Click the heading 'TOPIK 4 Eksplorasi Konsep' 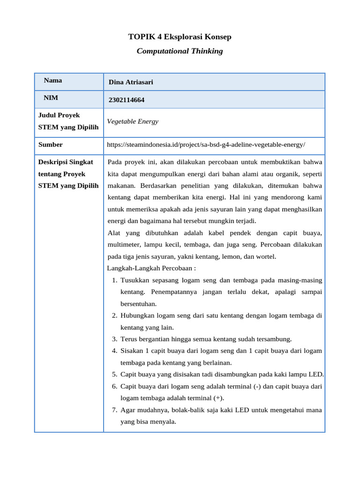pyautogui.click(x=180, y=37)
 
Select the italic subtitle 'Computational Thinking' pyautogui.click(x=180, y=51)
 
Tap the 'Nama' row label pyautogui.click(x=53, y=80)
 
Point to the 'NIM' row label pyautogui.click(x=51, y=97)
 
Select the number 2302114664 pyautogui.click(x=127, y=100)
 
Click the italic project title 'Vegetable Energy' pyautogui.click(x=133, y=121)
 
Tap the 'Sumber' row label pyautogui.click(x=50, y=144)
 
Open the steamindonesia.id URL pyautogui.click(x=206, y=144)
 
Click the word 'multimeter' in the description pyautogui.click(x=124, y=245)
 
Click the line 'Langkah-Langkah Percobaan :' pyautogui.click(x=151, y=268)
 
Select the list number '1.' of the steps pyautogui.click(x=114, y=280)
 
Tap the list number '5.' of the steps pyautogui.click(x=114, y=374)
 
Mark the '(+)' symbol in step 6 pyautogui.click(x=218, y=398)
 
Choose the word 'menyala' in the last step pyautogui.click(x=164, y=421)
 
